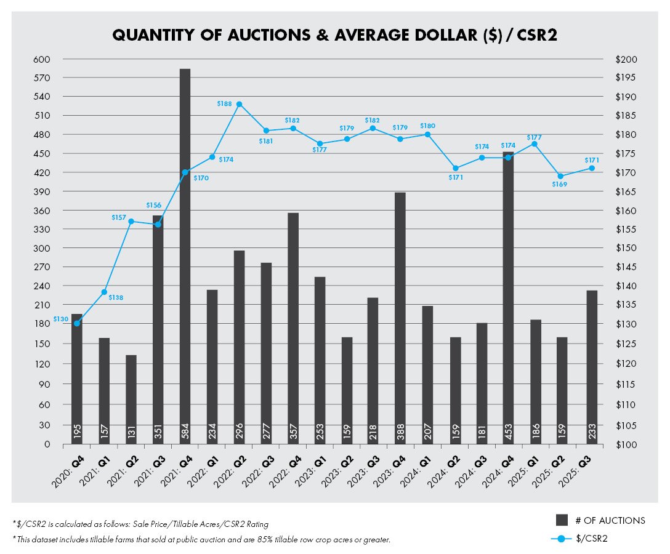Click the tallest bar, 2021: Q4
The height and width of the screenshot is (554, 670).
tap(185, 246)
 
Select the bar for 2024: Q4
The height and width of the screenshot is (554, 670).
tap(508, 295)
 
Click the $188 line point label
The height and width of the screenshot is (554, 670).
tap(224, 104)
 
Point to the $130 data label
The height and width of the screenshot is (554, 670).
tap(60, 319)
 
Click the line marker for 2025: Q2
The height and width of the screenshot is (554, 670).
tap(560, 176)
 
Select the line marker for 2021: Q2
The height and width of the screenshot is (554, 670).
tap(131, 221)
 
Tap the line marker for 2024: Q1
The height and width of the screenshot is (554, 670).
tap(427, 134)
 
